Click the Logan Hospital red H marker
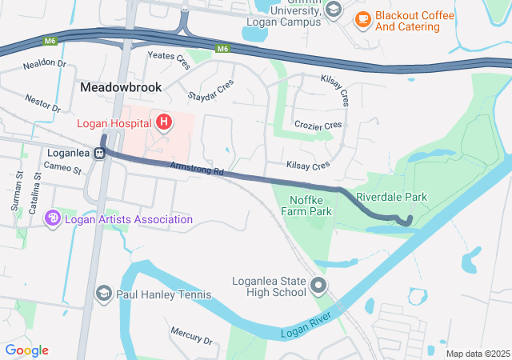(x=164, y=122)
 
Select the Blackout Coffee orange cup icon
(x=362, y=18)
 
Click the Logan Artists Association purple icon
(x=54, y=218)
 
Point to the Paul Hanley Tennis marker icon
(x=103, y=294)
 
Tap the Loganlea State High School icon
(x=319, y=284)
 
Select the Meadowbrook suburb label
(x=121, y=86)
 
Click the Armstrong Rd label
(x=197, y=170)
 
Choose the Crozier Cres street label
(x=318, y=126)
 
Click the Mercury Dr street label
(x=191, y=334)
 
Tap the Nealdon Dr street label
(x=45, y=63)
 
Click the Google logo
(x=27, y=350)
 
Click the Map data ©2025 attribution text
(x=478, y=354)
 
